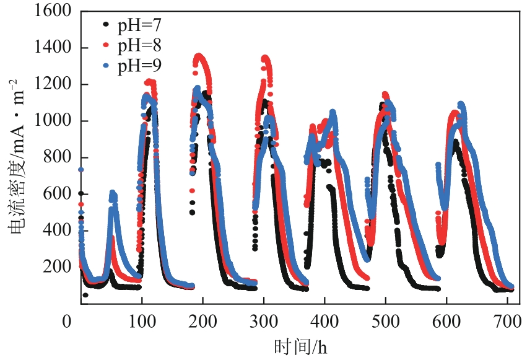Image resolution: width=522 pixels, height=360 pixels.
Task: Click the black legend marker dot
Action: [x=107, y=25]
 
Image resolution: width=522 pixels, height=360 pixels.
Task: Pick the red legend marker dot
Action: [x=107, y=45]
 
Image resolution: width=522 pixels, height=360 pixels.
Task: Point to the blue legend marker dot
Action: [x=107, y=64]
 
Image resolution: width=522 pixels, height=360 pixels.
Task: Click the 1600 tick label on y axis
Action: [x=53, y=12]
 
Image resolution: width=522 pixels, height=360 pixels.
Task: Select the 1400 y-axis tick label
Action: [x=53, y=48]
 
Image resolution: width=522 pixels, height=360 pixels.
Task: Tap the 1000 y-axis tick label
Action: [x=53, y=121]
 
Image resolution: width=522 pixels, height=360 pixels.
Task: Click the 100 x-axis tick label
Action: [x=142, y=321]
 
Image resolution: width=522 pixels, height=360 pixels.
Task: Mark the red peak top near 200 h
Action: [x=199, y=56]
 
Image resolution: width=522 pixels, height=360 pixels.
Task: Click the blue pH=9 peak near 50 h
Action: [x=112, y=193]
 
